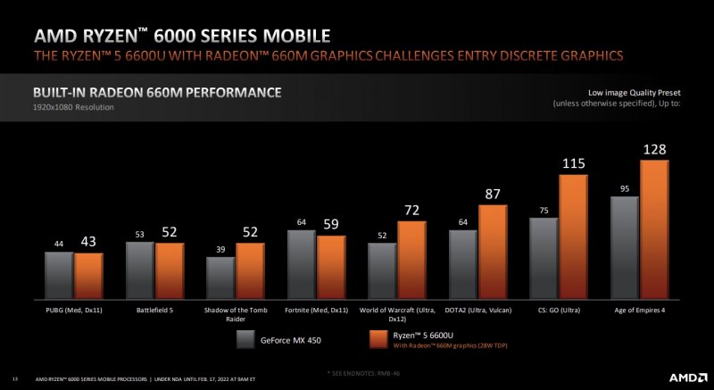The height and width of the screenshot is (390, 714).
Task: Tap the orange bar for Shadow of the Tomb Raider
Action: [x=250, y=270]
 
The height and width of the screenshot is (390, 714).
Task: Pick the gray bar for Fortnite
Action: [x=302, y=263]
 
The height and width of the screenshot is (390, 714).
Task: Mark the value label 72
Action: [x=412, y=211]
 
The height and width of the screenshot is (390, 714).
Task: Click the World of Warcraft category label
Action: [x=397, y=312]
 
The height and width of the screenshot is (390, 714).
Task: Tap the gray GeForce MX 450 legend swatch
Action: [x=247, y=339]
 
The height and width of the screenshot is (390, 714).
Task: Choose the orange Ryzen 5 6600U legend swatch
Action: [x=380, y=339]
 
